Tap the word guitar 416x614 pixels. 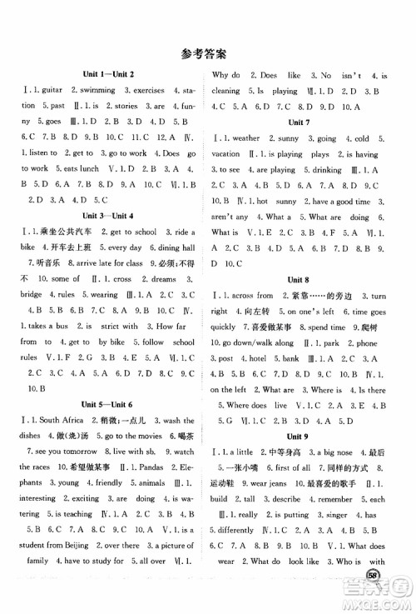[x=47, y=91]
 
